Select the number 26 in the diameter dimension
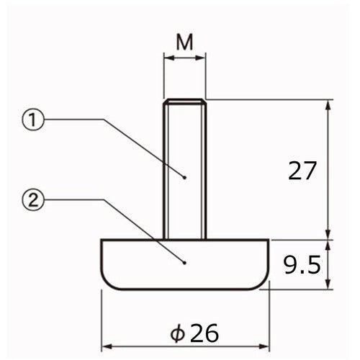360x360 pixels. pos(202,333)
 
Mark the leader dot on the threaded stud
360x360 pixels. pos(185,176)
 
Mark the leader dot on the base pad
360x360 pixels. pos(185,263)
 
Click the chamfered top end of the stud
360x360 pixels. pos(185,102)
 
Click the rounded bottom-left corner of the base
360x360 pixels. pos(107,282)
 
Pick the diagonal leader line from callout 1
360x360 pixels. pos(144,148)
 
